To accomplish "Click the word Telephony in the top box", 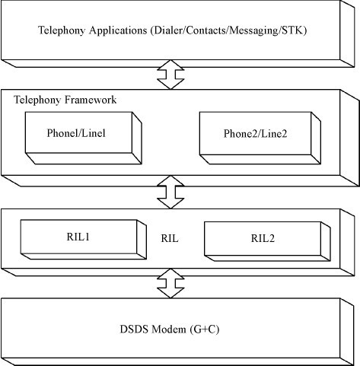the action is click(x=62, y=30).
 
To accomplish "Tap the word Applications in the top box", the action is click(x=118, y=30).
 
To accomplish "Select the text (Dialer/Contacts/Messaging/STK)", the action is click(x=229, y=30).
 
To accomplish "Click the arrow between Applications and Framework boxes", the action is click(x=170, y=75).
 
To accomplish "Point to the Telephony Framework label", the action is click(x=65, y=100).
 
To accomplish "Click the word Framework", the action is click(x=91, y=100).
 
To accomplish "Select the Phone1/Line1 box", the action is click(x=84, y=138).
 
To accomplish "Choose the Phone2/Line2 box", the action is click(x=260, y=138).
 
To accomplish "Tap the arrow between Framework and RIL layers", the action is click(x=170, y=192).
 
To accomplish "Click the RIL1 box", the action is click(x=84, y=240).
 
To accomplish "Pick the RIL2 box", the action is click(x=267, y=241).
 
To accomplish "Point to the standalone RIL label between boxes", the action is click(x=170, y=238).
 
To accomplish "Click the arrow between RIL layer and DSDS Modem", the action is click(x=170, y=283).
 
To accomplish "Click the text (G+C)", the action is click(x=204, y=329).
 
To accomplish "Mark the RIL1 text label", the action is click(x=78, y=237).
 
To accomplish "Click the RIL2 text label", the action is click(x=263, y=238).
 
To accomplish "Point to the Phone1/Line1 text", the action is click(x=76, y=133).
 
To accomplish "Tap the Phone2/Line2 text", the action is click(x=255, y=134).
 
